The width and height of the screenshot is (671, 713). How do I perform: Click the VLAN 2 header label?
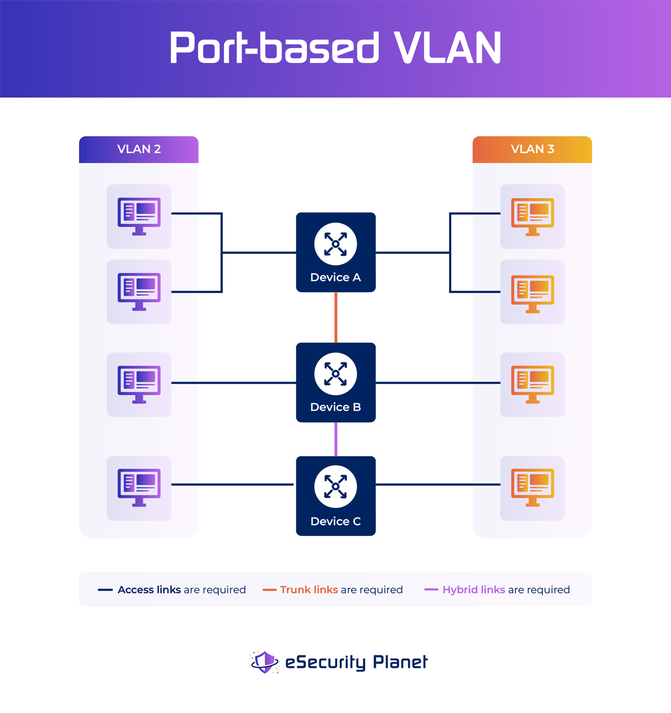pyautogui.click(x=139, y=149)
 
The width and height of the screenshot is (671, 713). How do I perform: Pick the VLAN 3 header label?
pyautogui.click(x=532, y=149)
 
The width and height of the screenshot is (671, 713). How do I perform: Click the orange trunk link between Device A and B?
pyautogui.click(x=336, y=317)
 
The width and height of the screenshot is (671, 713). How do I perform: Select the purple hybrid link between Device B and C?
pyautogui.click(x=336, y=439)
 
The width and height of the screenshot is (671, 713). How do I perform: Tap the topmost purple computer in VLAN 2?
pyautogui.click(x=139, y=216)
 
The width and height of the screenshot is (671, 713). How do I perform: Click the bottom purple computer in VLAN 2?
pyautogui.click(x=139, y=488)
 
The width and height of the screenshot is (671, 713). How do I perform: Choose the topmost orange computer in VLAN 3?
pyautogui.click(x=532, y=216)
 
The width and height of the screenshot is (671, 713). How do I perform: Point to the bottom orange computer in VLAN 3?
pyautogui.click(x=532, y=488)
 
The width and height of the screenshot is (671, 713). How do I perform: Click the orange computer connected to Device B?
pyautogui.click(x=532, y=384)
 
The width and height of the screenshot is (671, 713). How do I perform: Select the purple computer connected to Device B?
pyautogui.click(x=139, y=384)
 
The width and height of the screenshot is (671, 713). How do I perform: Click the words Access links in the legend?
pyautogui.click(x=149, y=590)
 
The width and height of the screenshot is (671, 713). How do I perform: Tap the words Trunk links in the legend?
pyautogui.click(x=309, y=590)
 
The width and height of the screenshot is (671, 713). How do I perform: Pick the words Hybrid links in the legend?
pyautogui.click(x=473, y=590)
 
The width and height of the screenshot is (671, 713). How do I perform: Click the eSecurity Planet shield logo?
pyautogui.click(x=265, y=662)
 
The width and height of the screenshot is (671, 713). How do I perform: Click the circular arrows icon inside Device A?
pyautogui.click(x=335, y=244)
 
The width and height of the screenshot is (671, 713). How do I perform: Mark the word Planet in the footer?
pyautogui.click(x=400, y=662)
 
